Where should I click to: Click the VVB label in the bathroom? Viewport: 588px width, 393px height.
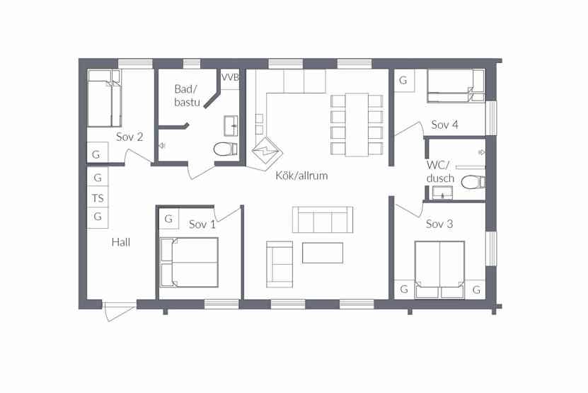230,77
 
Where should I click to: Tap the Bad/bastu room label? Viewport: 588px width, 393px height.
187,96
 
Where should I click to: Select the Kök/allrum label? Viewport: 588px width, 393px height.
301,176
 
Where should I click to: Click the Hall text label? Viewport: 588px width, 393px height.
121,242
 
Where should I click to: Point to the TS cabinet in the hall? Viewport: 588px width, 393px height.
98,198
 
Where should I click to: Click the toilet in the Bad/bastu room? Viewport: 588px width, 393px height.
226,149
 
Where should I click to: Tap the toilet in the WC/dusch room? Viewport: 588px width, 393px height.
473,183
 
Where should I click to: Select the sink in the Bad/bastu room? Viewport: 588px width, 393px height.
231,126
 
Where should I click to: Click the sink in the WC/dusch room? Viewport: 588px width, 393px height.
442,193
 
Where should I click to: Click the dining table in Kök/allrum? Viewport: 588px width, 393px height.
357,125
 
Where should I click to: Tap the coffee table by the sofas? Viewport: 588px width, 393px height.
323,253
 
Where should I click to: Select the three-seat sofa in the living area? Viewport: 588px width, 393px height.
323,220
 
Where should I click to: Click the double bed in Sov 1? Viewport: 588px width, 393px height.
189,263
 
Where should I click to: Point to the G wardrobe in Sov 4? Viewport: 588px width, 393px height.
403,80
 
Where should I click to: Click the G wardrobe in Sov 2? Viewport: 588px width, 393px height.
97,153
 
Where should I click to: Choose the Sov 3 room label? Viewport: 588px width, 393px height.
439,224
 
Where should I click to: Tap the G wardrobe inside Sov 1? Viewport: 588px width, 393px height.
168,219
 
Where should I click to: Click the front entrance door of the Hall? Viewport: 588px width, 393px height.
120,310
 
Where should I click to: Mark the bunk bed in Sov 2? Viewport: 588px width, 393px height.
104,98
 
